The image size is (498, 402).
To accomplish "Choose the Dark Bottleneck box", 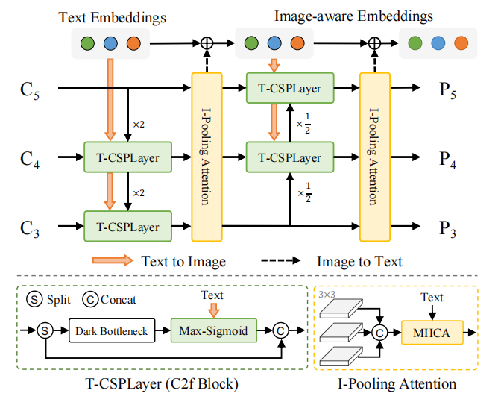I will (x=110, y=329).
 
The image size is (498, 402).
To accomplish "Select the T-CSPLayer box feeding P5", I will (x=289, y=89).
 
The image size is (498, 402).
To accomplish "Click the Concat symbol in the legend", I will (x=89, y=300).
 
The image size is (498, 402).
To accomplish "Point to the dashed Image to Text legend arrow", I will (x=283, y=261).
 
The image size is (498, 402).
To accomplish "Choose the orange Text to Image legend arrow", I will (x=112, y=261).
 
